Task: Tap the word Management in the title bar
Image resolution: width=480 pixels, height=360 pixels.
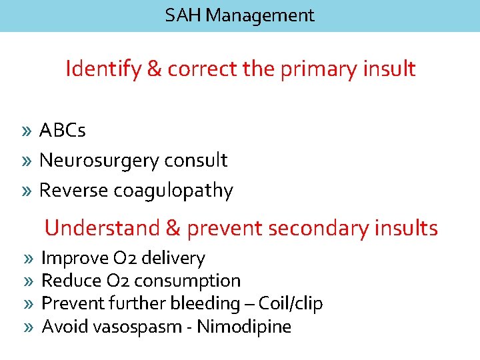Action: [x=260, y=15]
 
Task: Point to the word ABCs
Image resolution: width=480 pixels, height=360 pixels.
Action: [x=63, y=131]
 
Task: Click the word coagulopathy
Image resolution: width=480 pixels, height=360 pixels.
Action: [x=173, y=191]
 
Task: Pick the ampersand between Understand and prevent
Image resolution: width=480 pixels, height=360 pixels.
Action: [x=173, y=229]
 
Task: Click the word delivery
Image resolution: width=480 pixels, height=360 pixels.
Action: [x=175, y=258]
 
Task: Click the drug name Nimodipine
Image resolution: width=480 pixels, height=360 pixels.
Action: [x=244, y=327]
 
